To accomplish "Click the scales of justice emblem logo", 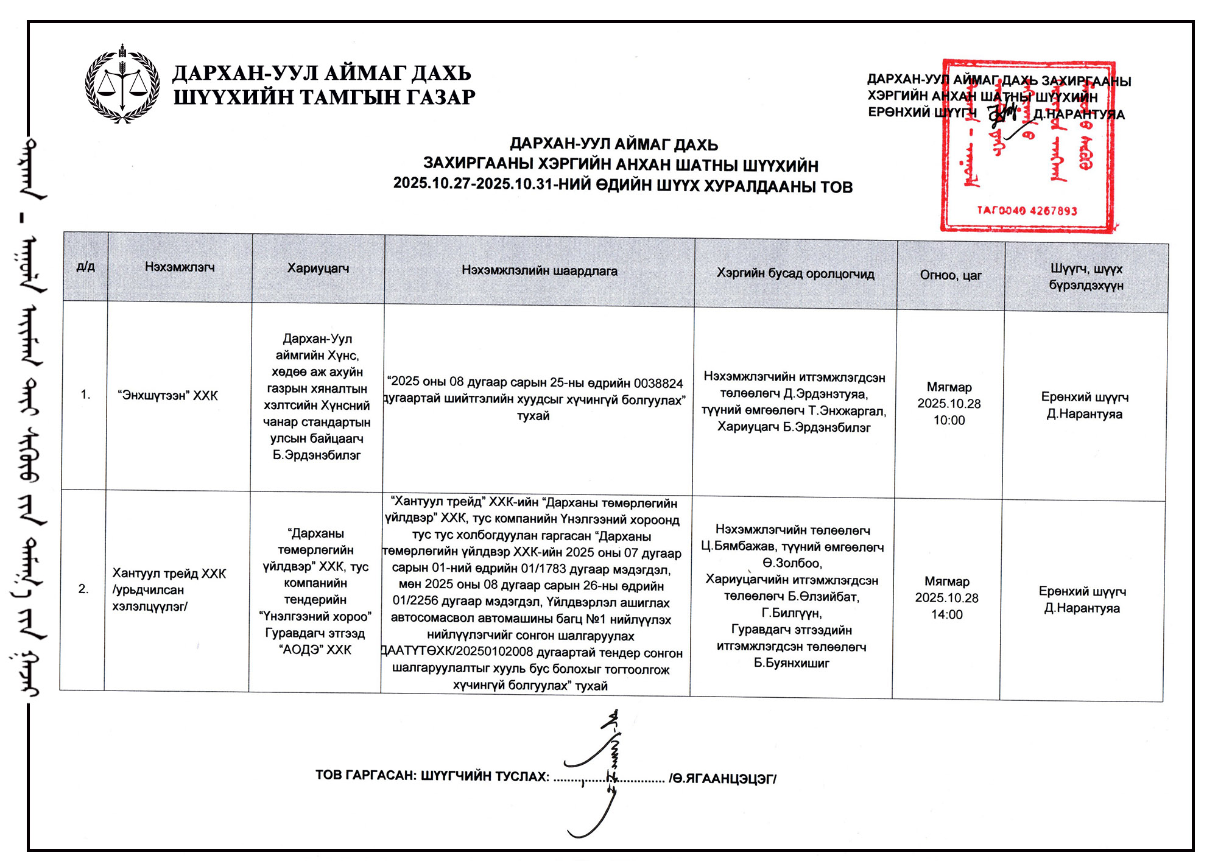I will point(122,85).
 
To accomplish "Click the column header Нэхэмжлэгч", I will point(180,267).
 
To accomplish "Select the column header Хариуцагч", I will point(318,269).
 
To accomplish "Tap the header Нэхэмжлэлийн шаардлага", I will point(539,271).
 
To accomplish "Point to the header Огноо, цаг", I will point(950,275).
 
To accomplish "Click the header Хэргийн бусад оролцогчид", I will point(795,273).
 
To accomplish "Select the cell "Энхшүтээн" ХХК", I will point(167,396).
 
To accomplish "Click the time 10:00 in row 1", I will point(949,421).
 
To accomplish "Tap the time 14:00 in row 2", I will point(946,615).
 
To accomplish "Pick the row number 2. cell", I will point(83,589).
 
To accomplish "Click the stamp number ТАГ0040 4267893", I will point(1027,211).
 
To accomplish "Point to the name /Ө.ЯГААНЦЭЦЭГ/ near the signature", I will point(722,779).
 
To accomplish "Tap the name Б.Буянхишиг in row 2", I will point(791,663).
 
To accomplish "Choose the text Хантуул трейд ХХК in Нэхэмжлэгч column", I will point(169,574).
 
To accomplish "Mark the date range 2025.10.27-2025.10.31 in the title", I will point(474,183).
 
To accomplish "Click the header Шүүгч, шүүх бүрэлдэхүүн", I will point(1086,277).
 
